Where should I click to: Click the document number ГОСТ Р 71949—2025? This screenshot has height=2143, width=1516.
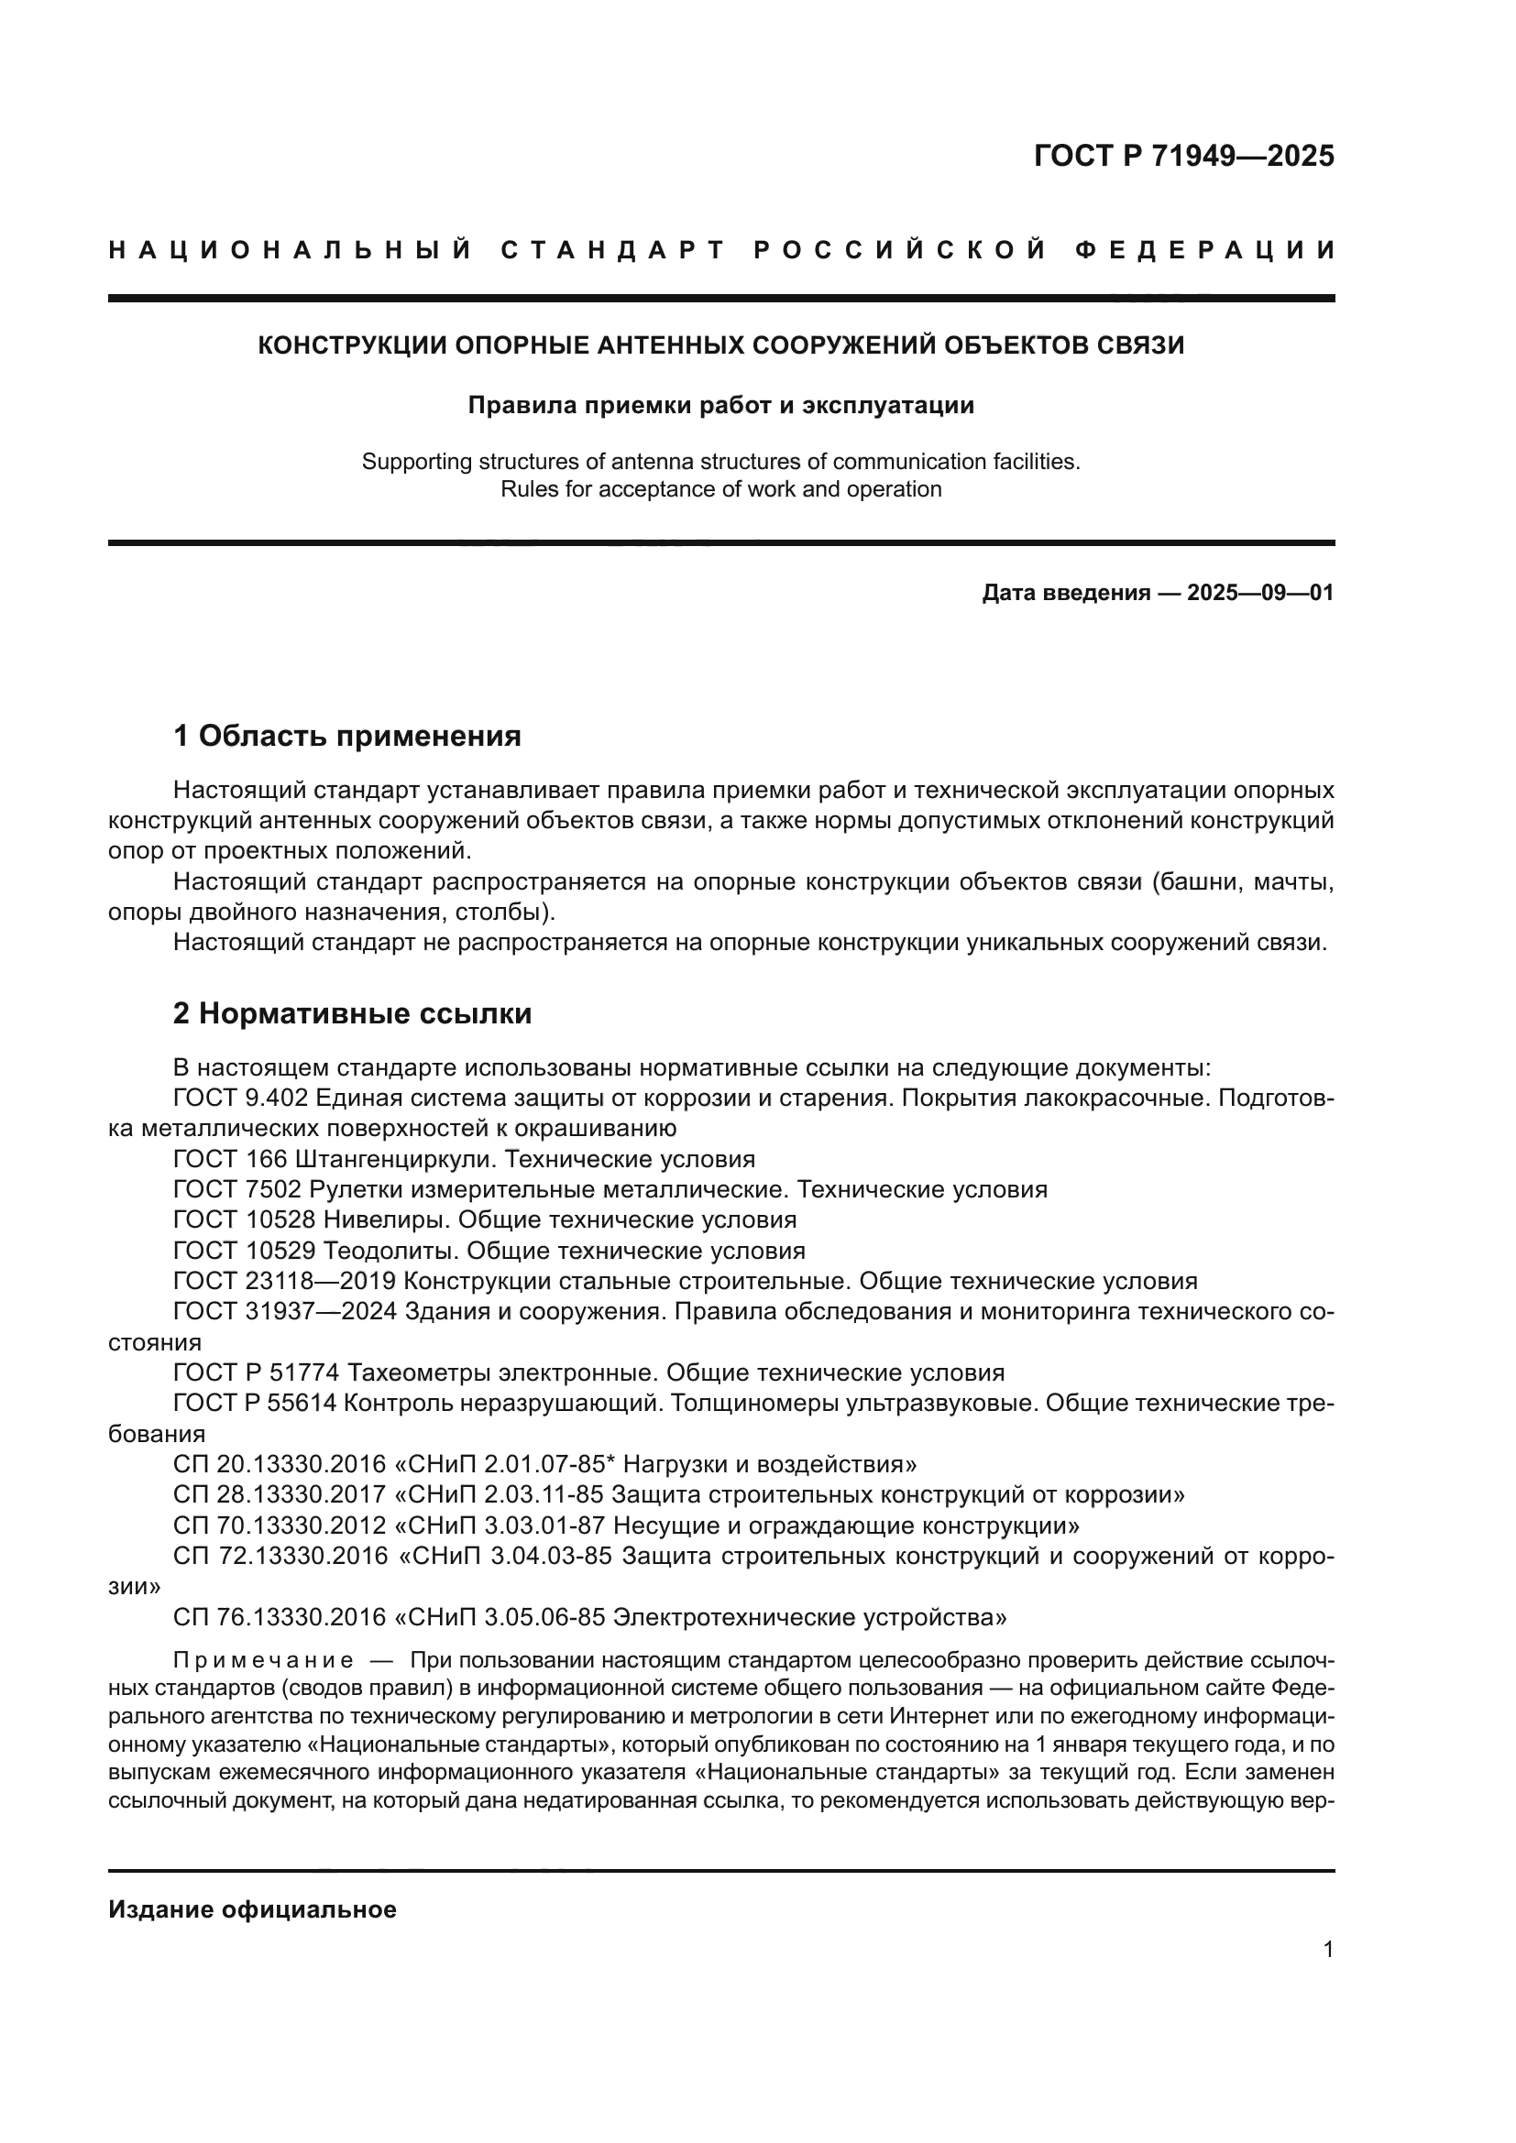(1183, 156)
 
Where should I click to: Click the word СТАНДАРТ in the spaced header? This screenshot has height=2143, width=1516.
(613, 250)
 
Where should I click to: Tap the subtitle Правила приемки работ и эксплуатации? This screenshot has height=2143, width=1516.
(720, 405)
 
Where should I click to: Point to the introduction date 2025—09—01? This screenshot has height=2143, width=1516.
(1259, 593)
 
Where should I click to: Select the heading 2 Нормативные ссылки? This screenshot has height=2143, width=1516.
(352, 1012)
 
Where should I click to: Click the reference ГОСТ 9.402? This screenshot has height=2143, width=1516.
(232, 1098)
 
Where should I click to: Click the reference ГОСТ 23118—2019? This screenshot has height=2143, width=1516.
(285, 1281)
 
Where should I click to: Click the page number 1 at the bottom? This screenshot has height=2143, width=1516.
(1328, 1950)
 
